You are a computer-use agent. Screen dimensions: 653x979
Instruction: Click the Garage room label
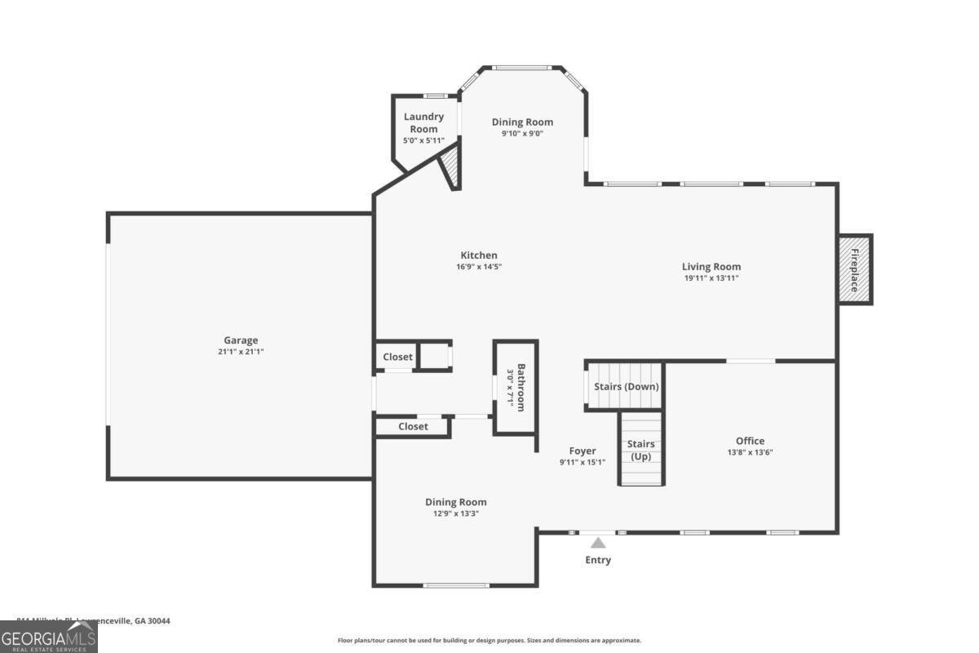[x=241, y=340]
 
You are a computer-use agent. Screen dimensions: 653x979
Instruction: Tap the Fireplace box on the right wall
[x=855, y=269]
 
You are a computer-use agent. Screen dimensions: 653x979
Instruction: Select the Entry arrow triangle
[x=598, y=543]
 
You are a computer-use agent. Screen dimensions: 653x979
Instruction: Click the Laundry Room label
[x=423, y=122]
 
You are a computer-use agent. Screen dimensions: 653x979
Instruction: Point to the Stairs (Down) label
[x=626, y=386]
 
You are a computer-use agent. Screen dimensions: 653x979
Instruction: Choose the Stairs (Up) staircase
[x=640, y=450]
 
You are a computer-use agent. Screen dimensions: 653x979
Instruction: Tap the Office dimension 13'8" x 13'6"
[x=750, y=452]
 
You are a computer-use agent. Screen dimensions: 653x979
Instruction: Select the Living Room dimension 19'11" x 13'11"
[x=711, y=278]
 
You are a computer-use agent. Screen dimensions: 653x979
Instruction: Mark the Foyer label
[x=583, y=451]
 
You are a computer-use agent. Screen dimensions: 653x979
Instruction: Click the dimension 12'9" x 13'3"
[x=455, y=513]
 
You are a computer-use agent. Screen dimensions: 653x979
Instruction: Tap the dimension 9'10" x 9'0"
[x=522, y=133]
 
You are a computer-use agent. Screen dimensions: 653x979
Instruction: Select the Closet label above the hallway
[x=397, y=357]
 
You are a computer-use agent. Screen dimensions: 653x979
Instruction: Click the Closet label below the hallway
[x=413, y=426]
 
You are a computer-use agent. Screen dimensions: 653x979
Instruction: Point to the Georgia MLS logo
[x=48, y=637]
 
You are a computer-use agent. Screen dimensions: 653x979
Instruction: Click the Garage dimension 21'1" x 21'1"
[x=241, y=352]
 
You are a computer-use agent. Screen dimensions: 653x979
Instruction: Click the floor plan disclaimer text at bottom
[x=489, y=641]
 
